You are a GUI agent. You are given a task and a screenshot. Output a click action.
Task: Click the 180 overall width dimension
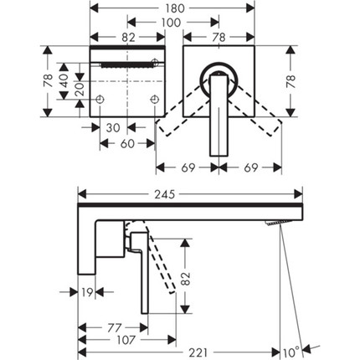tap(172, 8)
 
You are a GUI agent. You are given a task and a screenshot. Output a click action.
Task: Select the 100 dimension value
tap(171, 23)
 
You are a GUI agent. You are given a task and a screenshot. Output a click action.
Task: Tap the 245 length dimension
tap(164, 194)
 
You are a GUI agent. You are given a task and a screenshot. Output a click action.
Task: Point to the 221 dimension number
tap(198, 352)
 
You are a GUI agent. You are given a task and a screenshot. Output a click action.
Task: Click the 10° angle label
tap(291, 352)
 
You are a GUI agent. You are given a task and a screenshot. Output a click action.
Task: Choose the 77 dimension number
tap(114, 328)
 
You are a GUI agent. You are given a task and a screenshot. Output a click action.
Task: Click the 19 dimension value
tap(87, 292)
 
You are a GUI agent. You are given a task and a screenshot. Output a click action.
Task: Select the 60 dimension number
tap(127, 144)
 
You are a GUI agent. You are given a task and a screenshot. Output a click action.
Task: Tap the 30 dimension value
tap(113, 128)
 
